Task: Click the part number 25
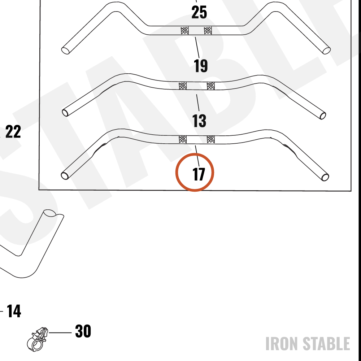tap(199, 12)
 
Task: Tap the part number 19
tap(201, 66)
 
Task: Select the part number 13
tap(199, 121)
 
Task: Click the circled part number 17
tap(199, 174)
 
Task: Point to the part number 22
tap(13, 132)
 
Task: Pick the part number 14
tap(14, 311)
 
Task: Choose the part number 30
tap(83, 331)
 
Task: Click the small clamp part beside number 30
tap(37, 339)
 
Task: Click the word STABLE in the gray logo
tap(326, 344)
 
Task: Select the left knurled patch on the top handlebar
tap(184, 30)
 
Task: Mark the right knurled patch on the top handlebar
tap(208, 30)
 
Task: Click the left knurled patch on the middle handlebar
tap(183, 86)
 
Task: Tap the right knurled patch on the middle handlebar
tap(211, 86)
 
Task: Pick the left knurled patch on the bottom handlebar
tap(183, 139)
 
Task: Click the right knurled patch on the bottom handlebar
tap(211, 139)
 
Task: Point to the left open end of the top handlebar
tap(65, 51)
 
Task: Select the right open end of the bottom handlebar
tap(325, 178)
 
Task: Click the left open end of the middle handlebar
tap(65, 113)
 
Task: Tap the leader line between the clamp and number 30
tap(60, 333)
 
